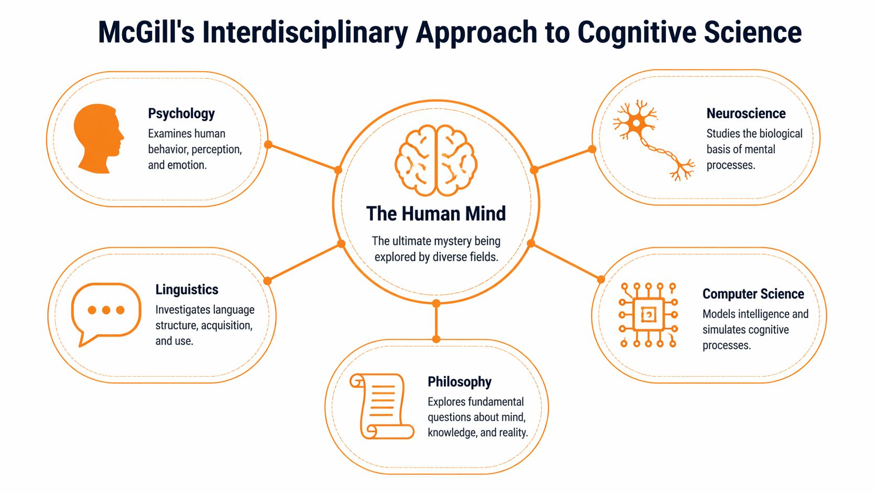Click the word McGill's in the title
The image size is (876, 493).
pyautogui.click(x=146, y=32)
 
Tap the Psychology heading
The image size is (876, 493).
pyautogui.click(x=181, y=113)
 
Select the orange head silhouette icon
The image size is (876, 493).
pyautogui.click(x=98, y=138)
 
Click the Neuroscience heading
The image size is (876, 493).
pyautogui.click(x=746, y=113)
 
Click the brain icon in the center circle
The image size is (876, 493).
pyautogui.click(x=436, y=160)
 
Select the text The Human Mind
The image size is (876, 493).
pyautogui.click(x=436, y=214)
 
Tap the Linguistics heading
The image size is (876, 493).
pyautogui.click(x=187, y=289)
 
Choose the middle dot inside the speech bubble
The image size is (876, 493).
pyautogui.click(x=106, y=310)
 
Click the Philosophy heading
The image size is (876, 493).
pyautogui.click(x=459, y=381)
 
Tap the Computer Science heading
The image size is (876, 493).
pyautogui.click(x=753, y=293)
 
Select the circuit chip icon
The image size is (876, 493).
pyautogui.click(x=648, y=315)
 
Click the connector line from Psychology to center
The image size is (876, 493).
pyautogui.click(x=303, y=157)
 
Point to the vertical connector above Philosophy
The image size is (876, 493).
pyautogui.click(x=436, y=321)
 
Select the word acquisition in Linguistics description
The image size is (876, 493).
pyautogui.click(x=226, y=325)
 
